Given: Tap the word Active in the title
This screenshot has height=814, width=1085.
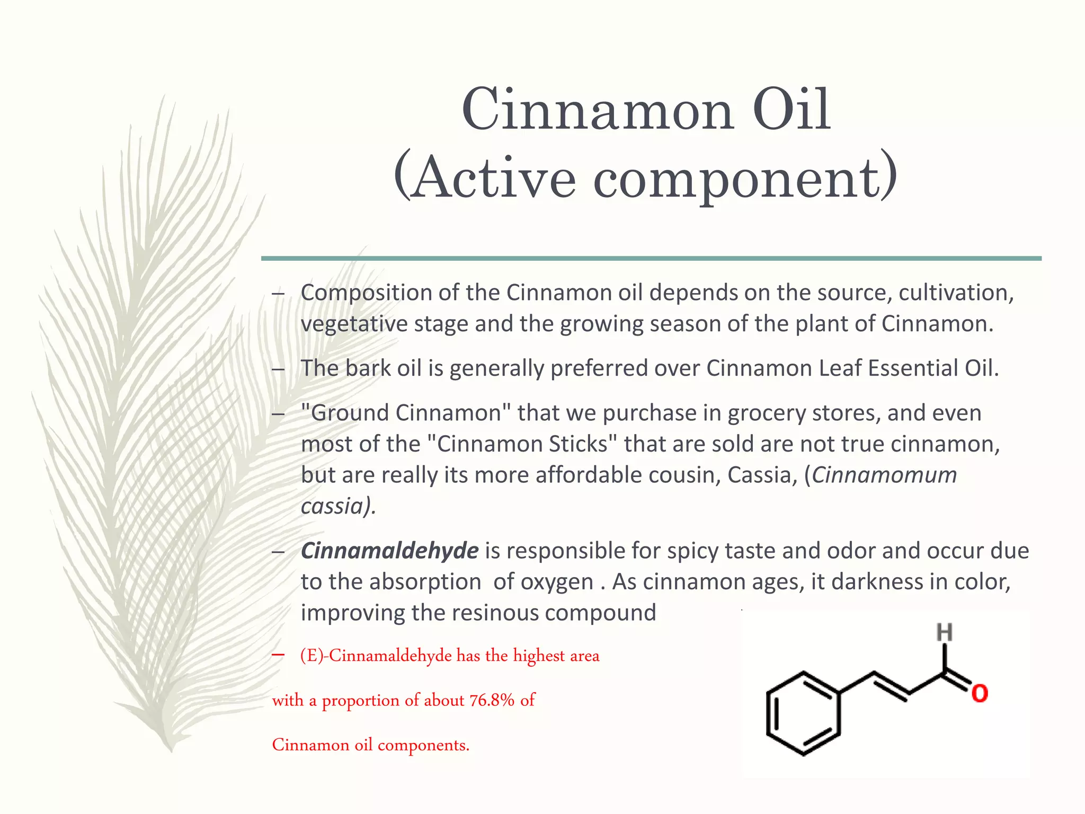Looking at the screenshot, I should pos(493,178).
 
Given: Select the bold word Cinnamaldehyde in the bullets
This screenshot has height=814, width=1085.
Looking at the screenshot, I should pos(390,551).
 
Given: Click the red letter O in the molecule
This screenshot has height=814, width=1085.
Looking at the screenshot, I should pos(980,694).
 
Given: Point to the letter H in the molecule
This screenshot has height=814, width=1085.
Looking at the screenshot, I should pos(944,632).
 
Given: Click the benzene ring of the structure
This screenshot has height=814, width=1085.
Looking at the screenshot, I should pos(803,713).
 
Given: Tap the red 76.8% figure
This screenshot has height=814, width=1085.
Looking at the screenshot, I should pos(492,700).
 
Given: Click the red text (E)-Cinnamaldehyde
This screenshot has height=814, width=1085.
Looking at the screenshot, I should pos(376,656).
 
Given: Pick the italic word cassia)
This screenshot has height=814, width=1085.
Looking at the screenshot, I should pos(338,506).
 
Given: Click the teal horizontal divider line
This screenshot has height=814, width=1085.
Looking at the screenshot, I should pos(651,259).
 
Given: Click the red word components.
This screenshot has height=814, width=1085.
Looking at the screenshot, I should pos(423,745).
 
